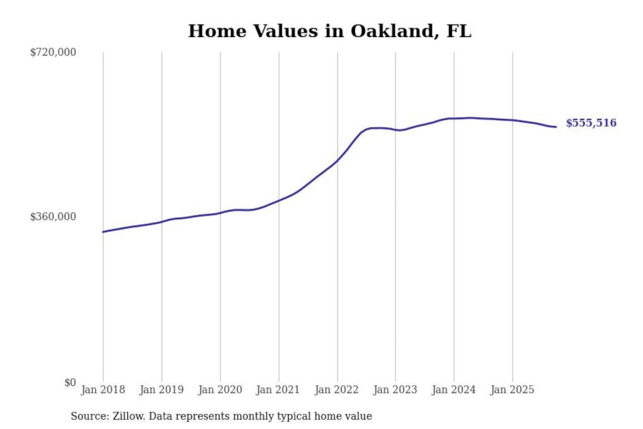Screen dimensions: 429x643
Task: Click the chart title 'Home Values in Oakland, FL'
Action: point(330,31)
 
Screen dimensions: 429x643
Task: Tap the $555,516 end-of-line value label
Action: point(591,123)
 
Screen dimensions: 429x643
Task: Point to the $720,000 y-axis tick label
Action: point(53,52)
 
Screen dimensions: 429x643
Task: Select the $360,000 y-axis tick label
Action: point(53,217)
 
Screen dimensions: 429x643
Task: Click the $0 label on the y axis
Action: point(70,383)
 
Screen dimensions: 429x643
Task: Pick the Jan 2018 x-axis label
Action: point(103,390)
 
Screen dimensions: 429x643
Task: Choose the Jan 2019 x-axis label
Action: point(162,390)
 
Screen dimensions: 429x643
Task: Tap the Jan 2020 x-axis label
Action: point(220,390)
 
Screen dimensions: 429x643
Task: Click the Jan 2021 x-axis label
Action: point(278,390)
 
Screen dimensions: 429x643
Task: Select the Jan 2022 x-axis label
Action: point(337,390)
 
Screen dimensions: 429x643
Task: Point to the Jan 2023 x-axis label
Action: point(395,390)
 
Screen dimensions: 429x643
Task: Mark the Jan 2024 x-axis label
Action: point(454,390)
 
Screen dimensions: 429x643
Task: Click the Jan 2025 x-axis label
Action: point(512,390)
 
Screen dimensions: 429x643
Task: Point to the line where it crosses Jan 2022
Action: point(338,161)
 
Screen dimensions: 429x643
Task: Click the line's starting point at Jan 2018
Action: point(103,232)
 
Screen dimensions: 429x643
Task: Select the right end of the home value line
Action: point(556,127)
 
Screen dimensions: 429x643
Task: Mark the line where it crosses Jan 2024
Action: point(454,118)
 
